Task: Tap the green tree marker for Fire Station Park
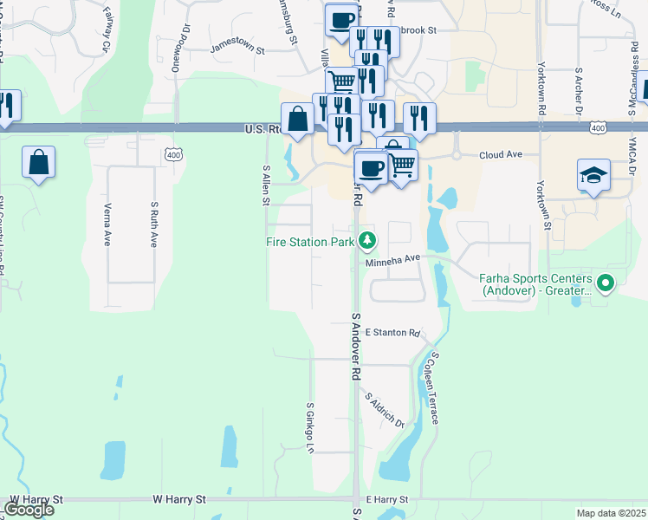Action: click(367, 240)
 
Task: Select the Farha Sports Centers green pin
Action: click(606, 282)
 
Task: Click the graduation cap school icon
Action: click(593, 176)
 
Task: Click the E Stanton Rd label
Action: click(392, 333)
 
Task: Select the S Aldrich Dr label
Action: click(385, 410)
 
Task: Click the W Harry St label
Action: click(180, 500)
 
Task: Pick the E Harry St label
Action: click(386, 500)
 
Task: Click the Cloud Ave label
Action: click(501, 154)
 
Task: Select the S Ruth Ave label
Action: click(154, 224)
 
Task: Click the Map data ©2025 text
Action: click(611, 513)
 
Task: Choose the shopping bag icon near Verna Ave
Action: click(38, 162)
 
